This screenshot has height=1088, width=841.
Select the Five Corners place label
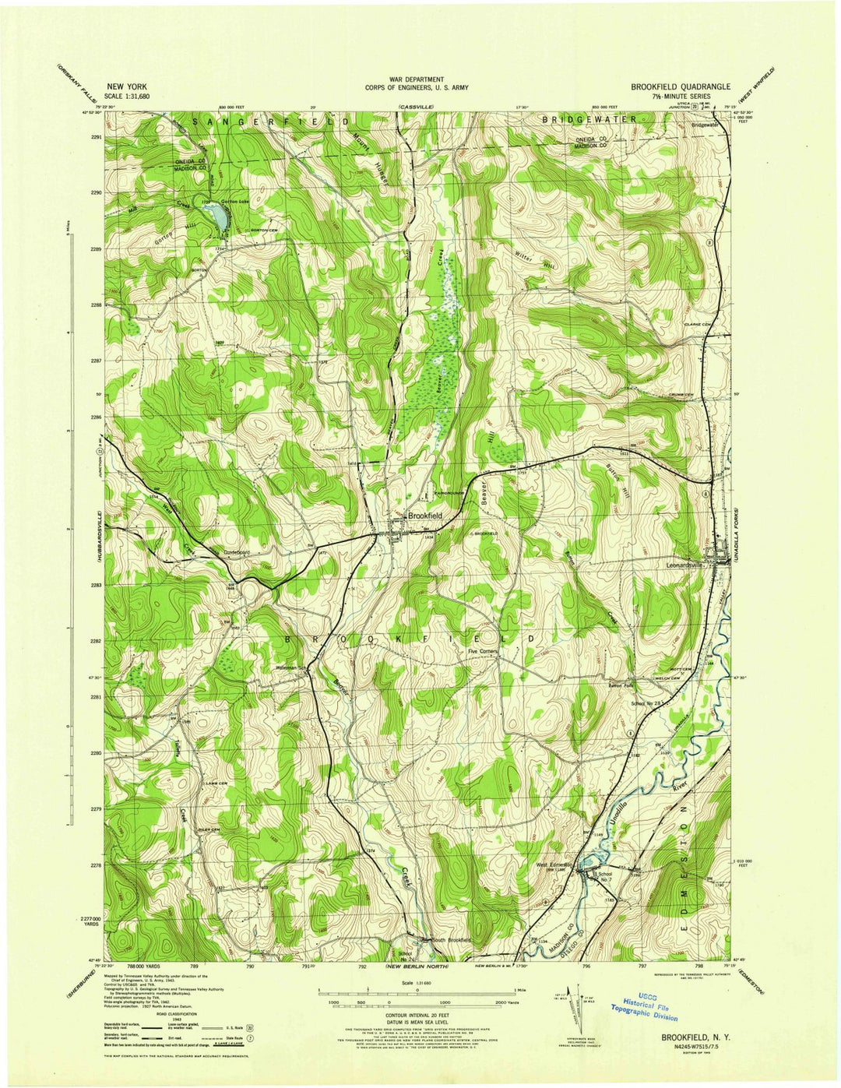482,652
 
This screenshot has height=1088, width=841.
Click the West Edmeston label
553,864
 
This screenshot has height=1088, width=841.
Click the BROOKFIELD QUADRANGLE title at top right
675,86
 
